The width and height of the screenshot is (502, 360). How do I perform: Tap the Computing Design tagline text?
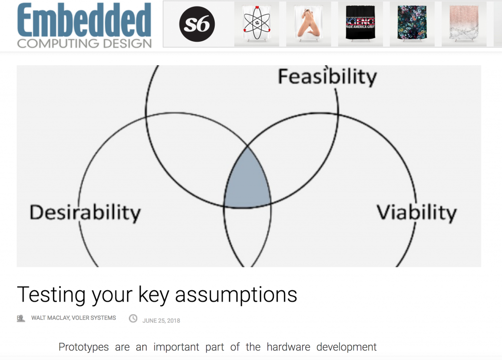[x=84, y=43]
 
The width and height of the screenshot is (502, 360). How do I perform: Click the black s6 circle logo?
[x=196, y=25]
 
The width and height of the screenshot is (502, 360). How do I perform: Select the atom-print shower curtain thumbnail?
[x=256, y=24]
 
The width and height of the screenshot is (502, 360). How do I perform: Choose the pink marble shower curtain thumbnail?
[x=464, y=24]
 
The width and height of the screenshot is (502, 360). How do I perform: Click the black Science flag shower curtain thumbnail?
[x=360, y=24]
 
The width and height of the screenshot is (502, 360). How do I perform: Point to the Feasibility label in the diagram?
[x=327, y=77]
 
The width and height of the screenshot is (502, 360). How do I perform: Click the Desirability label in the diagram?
[x=85, y=212]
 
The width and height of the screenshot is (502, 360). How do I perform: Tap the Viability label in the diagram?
[x=416, y=212]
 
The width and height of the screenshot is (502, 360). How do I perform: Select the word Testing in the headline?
[x=48, y=294]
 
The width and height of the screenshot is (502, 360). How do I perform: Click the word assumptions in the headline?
[x=236, y=294]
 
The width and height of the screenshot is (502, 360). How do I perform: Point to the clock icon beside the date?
[x=133, y=318]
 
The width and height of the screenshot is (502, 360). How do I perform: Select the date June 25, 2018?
[x=161, y=321]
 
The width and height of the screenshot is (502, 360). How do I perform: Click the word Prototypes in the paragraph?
[x=83, y=347]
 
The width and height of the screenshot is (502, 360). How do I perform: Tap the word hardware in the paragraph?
[x=288, y=347]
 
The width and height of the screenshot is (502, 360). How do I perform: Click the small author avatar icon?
[x=21, y=318]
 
